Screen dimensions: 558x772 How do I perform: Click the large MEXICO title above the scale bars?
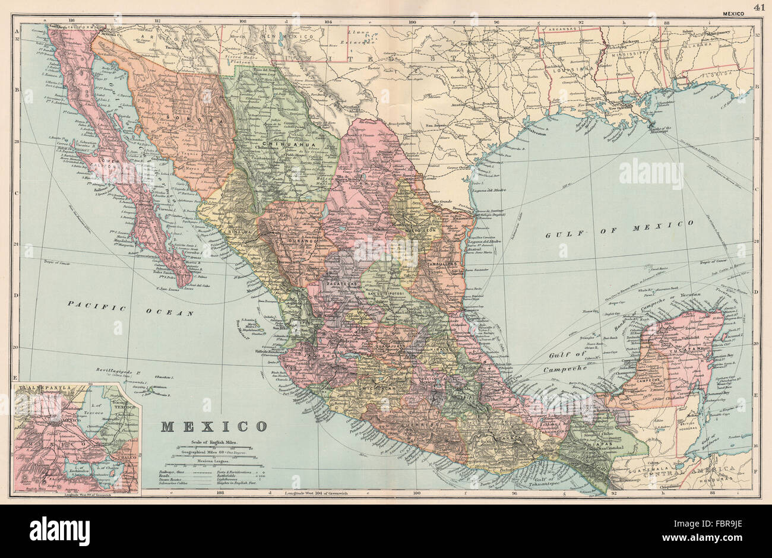pyautogui.click(x=214, y=426)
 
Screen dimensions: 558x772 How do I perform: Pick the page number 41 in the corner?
pyautogui.click(x=758, y=7)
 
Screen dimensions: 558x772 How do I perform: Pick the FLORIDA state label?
pyautogui.click(x=732, y=75)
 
